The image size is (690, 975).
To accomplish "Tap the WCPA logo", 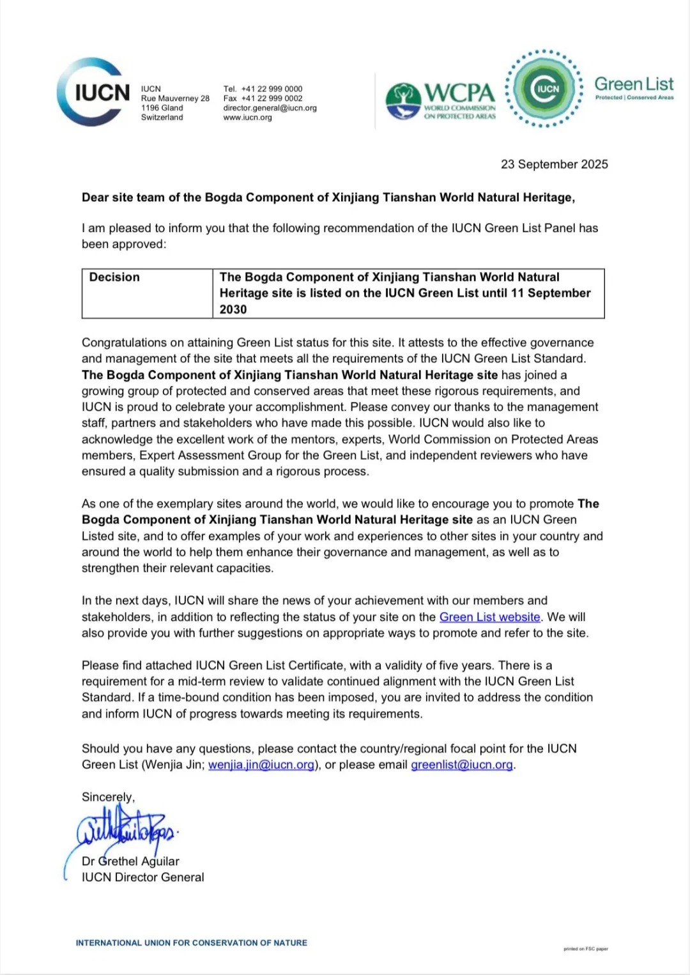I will coord(441,100).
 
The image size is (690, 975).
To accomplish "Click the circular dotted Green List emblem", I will coord(544,89).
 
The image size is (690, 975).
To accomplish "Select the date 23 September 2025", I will coord(554,164).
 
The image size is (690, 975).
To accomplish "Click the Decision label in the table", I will coord(114,277).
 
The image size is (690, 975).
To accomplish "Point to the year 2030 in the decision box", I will coord(233,309).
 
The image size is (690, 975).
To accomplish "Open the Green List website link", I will coord(489,617).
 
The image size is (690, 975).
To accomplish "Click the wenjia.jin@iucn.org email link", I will coord(261,765).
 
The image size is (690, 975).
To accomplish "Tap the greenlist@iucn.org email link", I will coord(462,765).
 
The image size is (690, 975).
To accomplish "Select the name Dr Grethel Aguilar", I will coord(130,861).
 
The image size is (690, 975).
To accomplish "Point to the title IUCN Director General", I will coord(142,877).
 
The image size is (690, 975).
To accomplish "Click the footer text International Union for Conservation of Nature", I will coord(191,942).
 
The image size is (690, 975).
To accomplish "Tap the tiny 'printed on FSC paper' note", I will coord(585,949).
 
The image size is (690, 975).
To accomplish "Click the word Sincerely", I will coord(108,797).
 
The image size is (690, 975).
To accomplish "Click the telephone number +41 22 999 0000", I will coord(272,89).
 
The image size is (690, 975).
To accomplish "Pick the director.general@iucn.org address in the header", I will coord(270,108).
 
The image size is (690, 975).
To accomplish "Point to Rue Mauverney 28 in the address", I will coord(175,98).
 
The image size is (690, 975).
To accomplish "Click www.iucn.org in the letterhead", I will coord(247,118).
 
